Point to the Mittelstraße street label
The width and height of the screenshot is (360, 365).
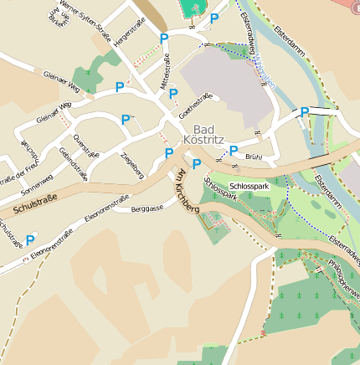tap(163, 71)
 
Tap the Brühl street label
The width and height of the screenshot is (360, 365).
tap(254, 157)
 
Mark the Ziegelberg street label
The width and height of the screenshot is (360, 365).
tap(132, 165)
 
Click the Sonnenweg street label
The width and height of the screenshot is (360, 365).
tap(35, 178)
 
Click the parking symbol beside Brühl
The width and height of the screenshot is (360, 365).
tap(234, 151)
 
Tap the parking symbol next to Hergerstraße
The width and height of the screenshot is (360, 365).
tap(164, 39)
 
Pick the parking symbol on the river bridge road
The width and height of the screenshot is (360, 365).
tap(305, 112)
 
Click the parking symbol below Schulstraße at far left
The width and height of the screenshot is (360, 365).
tap(30, 239)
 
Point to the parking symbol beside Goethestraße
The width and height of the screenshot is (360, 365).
tap(173, 94)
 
